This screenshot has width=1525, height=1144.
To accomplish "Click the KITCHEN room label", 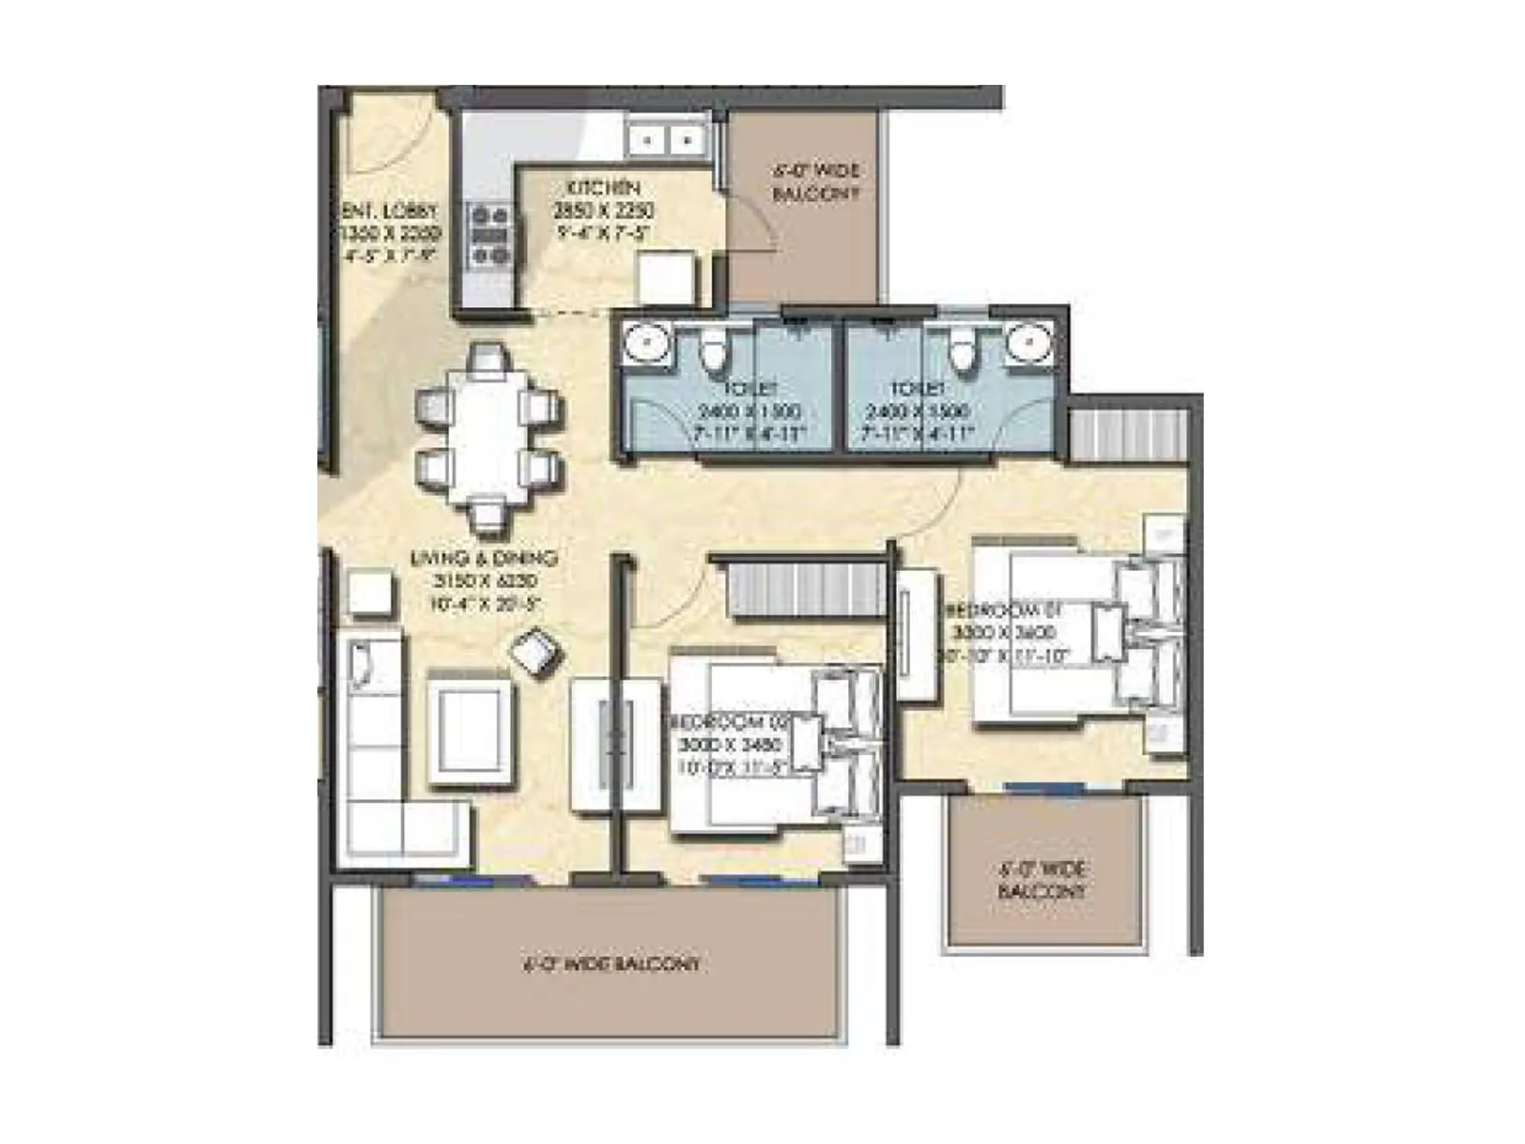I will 603,187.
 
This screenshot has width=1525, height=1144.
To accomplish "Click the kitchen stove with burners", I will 490,235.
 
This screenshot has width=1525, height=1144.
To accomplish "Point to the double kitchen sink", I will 666,140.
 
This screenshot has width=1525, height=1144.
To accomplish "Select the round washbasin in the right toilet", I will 1030,344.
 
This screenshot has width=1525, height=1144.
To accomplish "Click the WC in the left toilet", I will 714,350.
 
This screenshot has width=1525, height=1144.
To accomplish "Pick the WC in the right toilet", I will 964,350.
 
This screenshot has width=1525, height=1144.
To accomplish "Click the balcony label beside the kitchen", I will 816,182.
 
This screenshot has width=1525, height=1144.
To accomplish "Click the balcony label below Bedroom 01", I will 1043,880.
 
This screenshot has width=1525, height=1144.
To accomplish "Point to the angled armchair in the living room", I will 537,653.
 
